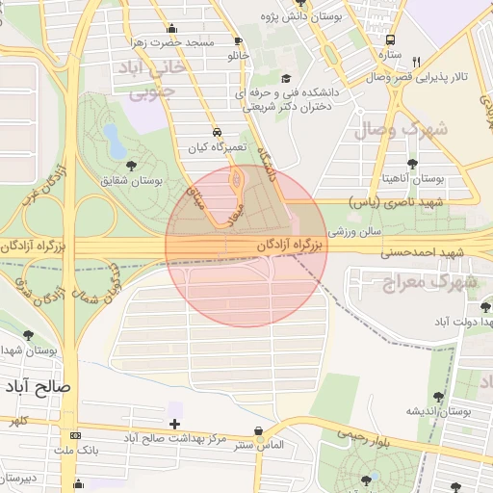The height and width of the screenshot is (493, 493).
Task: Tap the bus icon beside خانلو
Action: [238, 42]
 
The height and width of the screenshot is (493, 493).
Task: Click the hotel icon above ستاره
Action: [391, 40]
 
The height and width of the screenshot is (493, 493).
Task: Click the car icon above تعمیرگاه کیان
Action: [218, 133]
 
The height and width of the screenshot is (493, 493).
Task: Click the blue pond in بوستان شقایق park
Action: [115, 142]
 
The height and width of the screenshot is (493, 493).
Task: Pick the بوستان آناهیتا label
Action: [413, 178]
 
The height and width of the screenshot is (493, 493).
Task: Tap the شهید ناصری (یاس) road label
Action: [397, 203]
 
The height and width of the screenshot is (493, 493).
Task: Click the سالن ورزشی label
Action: [355, 232]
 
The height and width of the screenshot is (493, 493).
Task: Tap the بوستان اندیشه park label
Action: [437, 410]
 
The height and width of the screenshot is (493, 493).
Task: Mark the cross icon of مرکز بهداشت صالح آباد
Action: [174, 424]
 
